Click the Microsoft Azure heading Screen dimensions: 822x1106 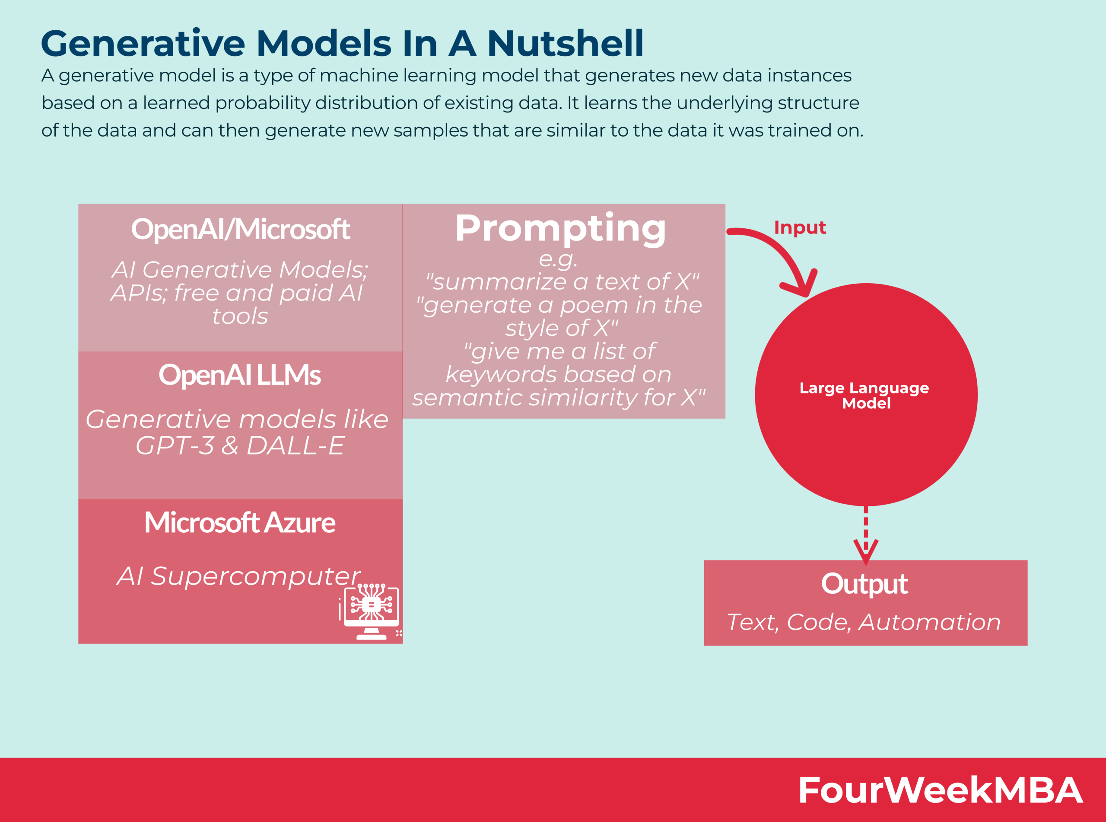coord(240,522)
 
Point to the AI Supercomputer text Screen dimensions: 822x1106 coord(238,576)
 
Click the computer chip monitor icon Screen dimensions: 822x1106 coord(371,611)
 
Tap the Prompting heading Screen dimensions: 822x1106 coord(560,228)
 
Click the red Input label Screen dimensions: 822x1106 coord(800,227)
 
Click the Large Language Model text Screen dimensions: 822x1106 coord(865,395)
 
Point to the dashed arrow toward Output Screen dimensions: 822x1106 coord(865,535)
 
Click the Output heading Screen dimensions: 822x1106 coord(864,584)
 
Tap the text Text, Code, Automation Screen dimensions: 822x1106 coord(864,622)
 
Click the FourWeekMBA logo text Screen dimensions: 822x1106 coord(940,790)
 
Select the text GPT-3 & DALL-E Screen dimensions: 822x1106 coord(240,445)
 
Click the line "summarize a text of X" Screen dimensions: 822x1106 coord(562,281)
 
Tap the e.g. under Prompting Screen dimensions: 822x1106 coord(558,258)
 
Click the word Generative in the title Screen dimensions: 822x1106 coord(143,44)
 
